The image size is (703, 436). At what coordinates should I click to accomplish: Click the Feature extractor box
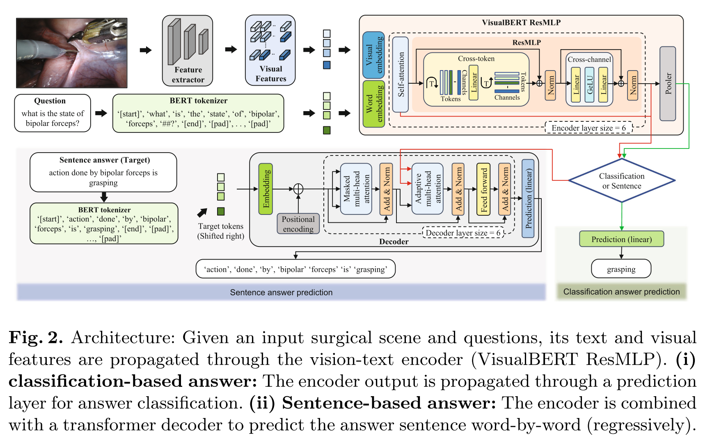coord(187,51)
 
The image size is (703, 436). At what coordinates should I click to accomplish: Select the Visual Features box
coord(270,50)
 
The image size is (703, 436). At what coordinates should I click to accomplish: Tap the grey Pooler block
coord(667,84)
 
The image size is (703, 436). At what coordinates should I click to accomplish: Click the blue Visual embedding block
coord(374,55)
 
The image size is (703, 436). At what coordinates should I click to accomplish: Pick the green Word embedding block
coord(374,104)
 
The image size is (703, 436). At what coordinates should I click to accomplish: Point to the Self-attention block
coord(401,75)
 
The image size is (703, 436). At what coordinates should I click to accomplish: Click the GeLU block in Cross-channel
coord(589,84)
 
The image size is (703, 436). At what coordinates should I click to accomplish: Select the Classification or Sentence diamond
coord(621,181)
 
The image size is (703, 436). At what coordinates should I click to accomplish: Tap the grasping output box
coord(621,269)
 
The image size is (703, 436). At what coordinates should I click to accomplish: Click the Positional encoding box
coord(298,224)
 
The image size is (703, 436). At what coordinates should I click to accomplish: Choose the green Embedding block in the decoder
coord(266,189)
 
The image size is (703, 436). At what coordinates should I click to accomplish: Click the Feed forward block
coord(483,189)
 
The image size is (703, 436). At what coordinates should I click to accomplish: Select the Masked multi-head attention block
coord(356,189)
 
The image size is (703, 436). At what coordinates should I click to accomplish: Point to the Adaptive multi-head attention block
coord(427,189)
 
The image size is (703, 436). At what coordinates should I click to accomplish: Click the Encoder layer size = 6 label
coord(588,128)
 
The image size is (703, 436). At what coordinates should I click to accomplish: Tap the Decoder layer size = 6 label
coord(463,233)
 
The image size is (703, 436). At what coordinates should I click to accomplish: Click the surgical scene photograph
coord(72,53)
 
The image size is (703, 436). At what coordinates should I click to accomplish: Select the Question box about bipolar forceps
coord(53,113)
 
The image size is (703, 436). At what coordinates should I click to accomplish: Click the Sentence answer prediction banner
coord(281,292)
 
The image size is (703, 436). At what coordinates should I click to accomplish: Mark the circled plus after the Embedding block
coord(298,189)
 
